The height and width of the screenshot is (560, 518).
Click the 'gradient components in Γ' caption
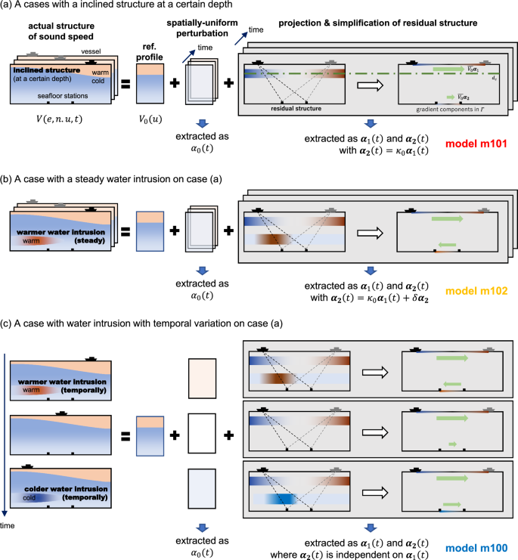pos(446,109)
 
